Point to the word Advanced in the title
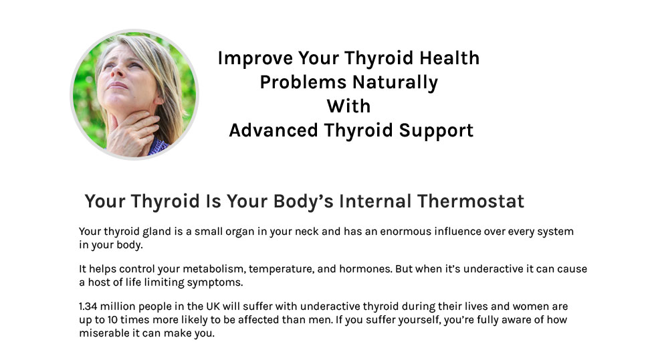[274, 130]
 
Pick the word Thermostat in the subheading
[471, 201]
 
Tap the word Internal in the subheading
[375, 201]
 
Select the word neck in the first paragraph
[307, 232]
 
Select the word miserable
[104, 333]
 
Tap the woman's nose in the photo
[117, 70]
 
